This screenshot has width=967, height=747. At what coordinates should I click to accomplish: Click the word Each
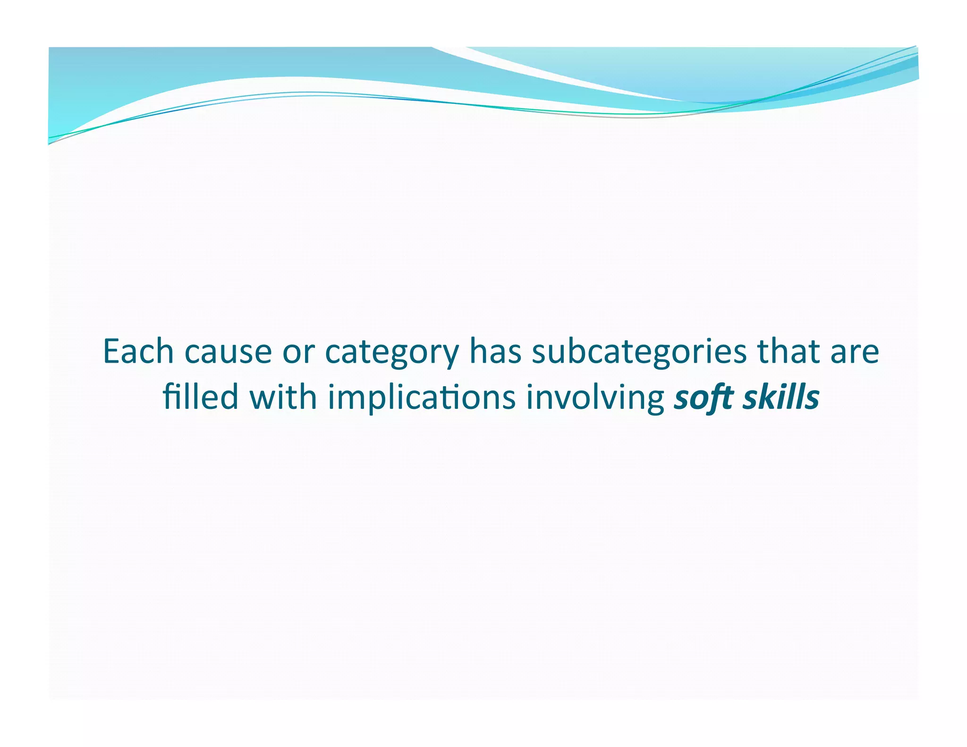click(x=138, y=352)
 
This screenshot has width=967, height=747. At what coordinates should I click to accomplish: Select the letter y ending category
click(x=451, y=357)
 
